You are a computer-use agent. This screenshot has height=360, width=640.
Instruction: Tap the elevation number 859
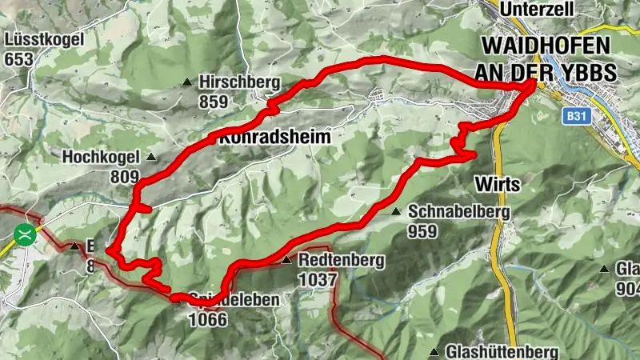[214, 102]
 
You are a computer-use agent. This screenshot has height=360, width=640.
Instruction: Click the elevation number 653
[18, 59]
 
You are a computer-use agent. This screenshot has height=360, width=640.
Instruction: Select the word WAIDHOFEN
[547, 46]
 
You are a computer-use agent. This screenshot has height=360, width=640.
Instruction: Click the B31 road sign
[573, 117]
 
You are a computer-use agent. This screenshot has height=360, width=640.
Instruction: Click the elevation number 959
[422, 232]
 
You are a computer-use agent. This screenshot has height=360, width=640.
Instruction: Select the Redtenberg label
[342, 260]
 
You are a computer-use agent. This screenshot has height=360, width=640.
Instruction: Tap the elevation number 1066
[207, 319]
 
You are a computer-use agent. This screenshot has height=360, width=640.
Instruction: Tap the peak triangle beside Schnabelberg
[396, 212]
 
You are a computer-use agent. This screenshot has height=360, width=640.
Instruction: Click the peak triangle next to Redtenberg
[286, 260]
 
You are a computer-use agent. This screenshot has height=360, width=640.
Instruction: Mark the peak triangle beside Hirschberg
[187, 82]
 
